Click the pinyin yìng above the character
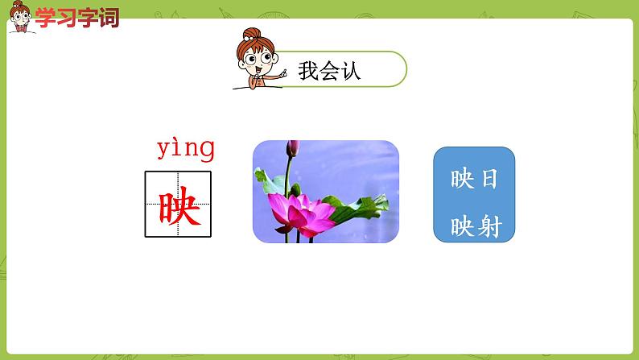[x=185, y=149]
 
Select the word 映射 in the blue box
[x=474, y=227]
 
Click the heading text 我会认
[x=329, y=71]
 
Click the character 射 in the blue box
[x=489, y=227]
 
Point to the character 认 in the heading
[x=350, y=71]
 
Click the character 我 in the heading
[x=308, y=71]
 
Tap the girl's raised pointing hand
[x=282, y=72]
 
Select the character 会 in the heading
[x=329, y=71]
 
